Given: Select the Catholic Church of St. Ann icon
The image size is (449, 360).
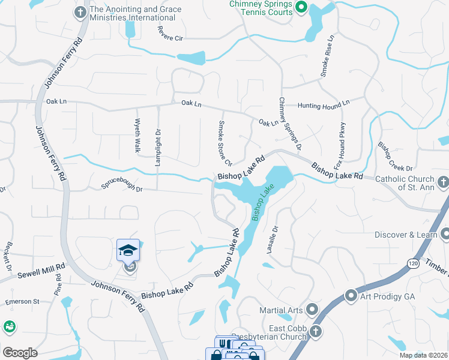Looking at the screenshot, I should point(442,181).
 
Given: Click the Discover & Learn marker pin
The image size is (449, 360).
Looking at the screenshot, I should point(445,234).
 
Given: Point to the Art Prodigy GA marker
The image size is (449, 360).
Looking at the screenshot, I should point(351,296).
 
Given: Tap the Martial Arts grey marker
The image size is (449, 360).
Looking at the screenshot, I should point(312,310).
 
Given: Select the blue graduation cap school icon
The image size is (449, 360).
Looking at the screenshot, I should point(128,250).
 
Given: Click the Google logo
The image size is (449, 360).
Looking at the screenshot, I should point(20,352).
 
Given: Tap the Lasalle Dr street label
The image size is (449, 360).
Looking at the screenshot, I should point(272,239).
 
